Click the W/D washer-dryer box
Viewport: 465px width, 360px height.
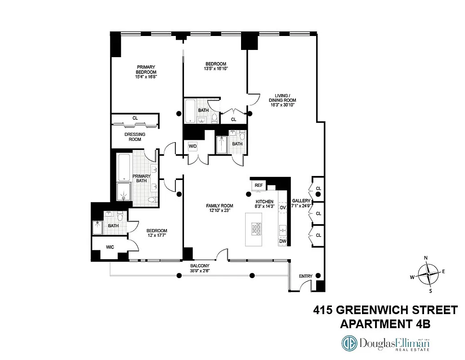click(x=192, y=146)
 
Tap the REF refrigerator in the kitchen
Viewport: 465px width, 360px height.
click(x=259, y=185)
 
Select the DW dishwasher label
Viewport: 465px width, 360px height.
click(x=283, y=241)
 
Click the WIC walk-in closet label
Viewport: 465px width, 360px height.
click(x=110, y=247)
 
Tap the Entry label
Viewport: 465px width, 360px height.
click(x=306, y=276)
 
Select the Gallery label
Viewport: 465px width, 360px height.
click(x=301, y=201)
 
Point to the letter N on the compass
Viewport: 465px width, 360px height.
click(x=426, y=258)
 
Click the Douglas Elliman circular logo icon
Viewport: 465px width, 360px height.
click(x=349, y=344)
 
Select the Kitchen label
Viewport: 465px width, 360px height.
click(x=265, y=201)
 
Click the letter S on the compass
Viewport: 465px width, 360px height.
click(x=430, y=291)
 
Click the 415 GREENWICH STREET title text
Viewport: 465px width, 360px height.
click(x=385, y=310)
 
